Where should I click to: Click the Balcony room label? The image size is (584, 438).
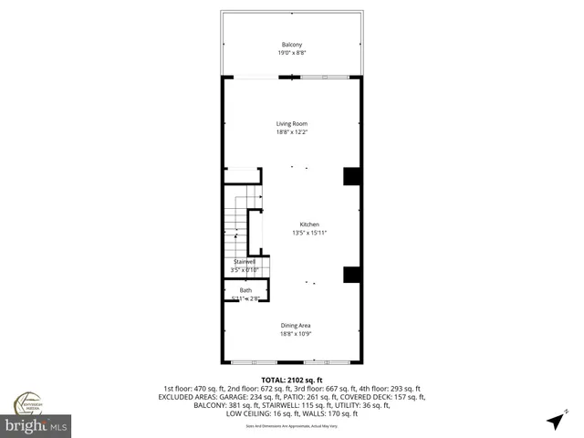[x=292, y=45]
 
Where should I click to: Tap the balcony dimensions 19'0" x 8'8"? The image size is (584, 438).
[x=292, y=53]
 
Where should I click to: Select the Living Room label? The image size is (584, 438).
[x=292, y=124]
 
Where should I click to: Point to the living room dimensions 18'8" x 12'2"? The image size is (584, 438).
[x=292, y=132]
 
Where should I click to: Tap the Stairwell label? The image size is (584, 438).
[x=245, y=261]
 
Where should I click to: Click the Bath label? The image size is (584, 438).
[x=245, y=290]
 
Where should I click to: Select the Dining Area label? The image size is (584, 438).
[x=296, y=325]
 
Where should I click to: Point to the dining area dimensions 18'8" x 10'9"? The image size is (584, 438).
[x=296, y=333]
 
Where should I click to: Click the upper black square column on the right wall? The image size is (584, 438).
[x=352, y=176]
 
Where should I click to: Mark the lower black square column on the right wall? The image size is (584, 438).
[x=352, y=275]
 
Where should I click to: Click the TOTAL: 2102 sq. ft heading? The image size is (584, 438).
[x=292, y=379]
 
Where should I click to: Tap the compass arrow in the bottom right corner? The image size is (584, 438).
[x=555, y=421]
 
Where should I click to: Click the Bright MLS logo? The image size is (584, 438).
[x=36, y=426]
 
